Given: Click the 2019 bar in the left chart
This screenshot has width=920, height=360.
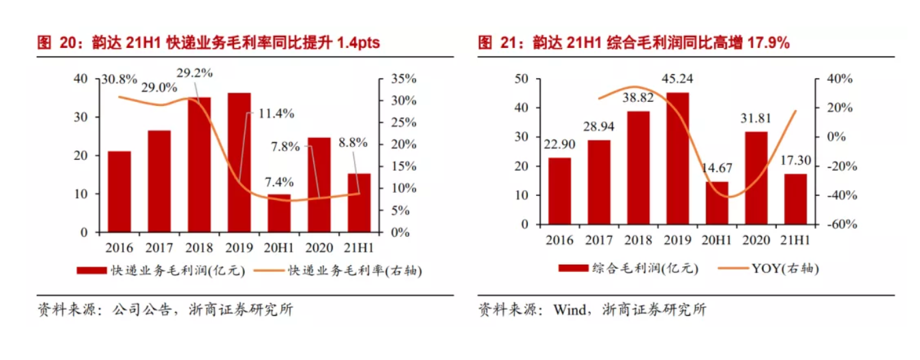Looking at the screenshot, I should pos(239,162).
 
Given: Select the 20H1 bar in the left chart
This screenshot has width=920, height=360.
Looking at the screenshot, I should pos(279,213).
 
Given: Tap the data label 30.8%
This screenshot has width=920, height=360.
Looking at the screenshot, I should pos(119,80).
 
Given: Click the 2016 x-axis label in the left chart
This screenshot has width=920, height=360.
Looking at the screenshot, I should pos(119,247).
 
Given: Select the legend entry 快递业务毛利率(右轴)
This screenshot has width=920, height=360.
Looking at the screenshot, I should pos(355,271).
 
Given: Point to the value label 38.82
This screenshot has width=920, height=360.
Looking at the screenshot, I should pos(638,97).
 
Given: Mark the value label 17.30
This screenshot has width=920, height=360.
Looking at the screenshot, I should pos(796,161).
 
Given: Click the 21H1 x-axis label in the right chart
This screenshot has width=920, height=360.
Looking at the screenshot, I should pos(795,241).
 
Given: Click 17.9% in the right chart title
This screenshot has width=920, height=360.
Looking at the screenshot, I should pos(768,43).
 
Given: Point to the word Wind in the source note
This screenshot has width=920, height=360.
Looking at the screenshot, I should pos(565,310).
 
